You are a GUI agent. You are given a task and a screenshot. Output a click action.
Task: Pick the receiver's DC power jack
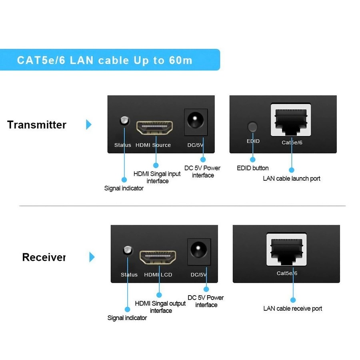(x=199, y=251)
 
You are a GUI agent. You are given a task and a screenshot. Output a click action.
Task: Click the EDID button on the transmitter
(x=252, y=127)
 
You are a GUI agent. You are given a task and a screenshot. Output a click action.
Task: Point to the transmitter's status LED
(x=124, y=120)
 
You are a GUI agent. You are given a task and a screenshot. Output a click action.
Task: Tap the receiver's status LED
(x=128, y=250)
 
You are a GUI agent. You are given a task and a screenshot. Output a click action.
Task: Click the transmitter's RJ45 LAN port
(x=291, y=120)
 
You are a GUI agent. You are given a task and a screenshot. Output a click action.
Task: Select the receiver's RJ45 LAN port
(x=287, y=249)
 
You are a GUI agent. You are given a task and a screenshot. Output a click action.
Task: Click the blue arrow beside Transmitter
(x=89, y=124)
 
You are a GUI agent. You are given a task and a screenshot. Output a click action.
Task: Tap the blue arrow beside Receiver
(x=92, y=257)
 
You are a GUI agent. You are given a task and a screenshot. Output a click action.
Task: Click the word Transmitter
(x=37, y=124)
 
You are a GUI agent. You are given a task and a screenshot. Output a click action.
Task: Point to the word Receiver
(x=44, y=257)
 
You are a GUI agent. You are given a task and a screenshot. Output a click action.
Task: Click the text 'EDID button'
(x=253, y=168)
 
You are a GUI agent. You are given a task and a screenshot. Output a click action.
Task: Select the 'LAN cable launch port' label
(x=292, y=178)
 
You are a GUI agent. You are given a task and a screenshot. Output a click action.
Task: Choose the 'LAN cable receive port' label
(x=292, y=308)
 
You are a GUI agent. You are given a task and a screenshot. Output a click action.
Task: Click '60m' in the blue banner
(x=180, y=60)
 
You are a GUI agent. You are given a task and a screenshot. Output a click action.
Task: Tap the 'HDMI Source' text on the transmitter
(x=153, y=145)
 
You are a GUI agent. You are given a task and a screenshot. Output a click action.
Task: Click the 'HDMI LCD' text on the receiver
(x=158, y=275)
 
